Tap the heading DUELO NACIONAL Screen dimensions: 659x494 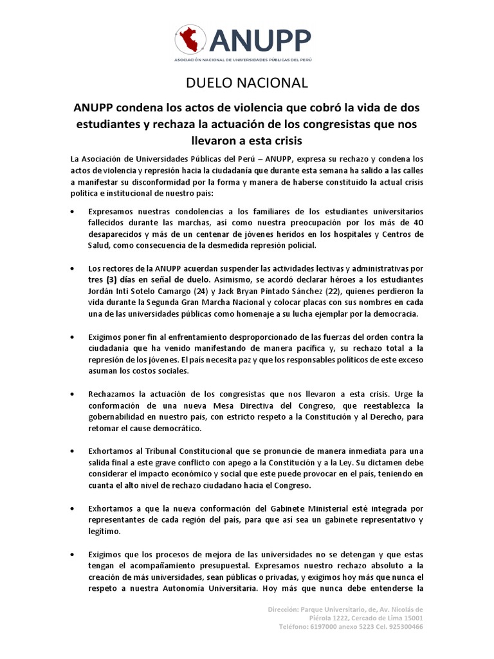coord(247,82)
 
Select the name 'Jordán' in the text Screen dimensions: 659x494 coord(102,291)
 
